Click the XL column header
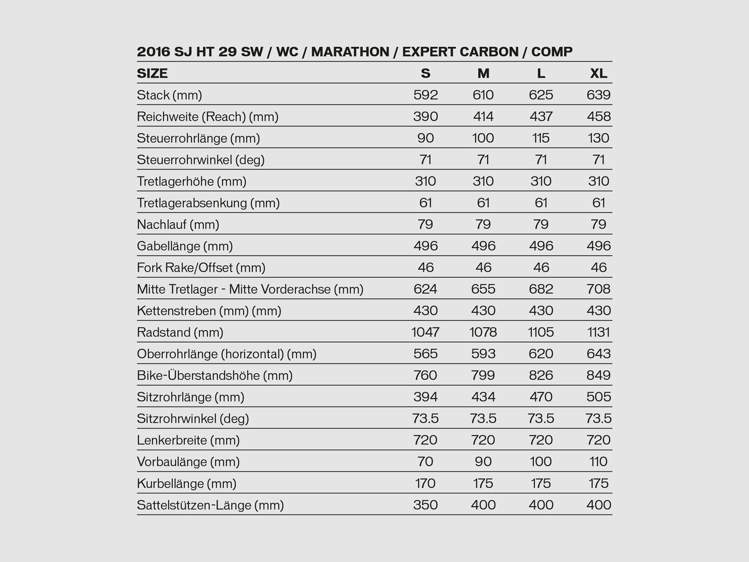pos(599,74)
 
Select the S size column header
pos(425,74)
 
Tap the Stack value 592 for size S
pos(426,95)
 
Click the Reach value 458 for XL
pos(599,117)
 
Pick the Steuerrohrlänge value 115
pos(541,138)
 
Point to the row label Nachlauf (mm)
pos(178,225)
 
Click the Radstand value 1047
pos(426,333)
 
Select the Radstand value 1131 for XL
pos(599,333)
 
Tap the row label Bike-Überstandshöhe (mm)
pos(214,376)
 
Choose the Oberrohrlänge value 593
pos(483,354)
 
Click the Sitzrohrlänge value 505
pos(599,397)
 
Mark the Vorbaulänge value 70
pos(426,462)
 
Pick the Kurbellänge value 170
pos(426,483)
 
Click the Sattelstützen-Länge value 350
pos(426,505)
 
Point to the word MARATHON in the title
pos(350,52)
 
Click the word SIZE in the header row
pos(152,74)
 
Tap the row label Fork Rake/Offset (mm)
pos(201,268)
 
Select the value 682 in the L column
pos(541,289)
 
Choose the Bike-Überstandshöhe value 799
pos(483,376)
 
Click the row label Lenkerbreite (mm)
pos(188,440)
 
